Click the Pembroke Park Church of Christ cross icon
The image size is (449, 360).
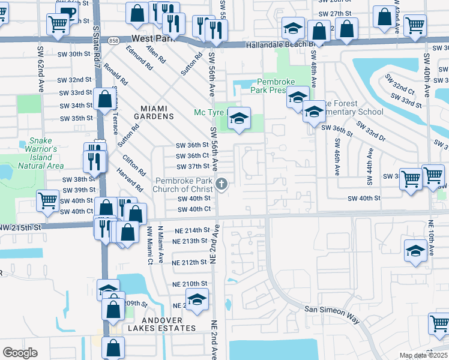click(x=222, y=184)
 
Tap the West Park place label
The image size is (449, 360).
click(x=153, y=38)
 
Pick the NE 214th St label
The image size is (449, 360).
click(x=190, y=230)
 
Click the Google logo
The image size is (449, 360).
click(x=20, y=353)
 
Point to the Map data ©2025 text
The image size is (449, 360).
click(x=423, y=355)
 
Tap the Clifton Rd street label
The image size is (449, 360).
click(x=134, y=166)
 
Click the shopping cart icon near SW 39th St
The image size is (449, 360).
click(x=47, y=202)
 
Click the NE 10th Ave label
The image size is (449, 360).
click(x=432, y=239)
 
